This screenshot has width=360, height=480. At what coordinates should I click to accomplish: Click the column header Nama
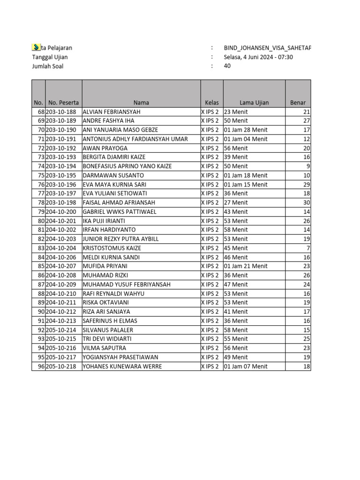[141, 103]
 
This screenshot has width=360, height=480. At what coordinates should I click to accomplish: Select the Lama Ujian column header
[254, 103]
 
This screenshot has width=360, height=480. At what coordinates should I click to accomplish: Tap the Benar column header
[298, 103]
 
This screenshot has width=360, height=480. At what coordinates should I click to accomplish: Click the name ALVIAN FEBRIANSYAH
[112, 112]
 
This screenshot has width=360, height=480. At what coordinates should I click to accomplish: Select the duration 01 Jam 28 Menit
[246, 130]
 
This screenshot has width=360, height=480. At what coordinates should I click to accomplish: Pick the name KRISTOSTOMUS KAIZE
[112, 248]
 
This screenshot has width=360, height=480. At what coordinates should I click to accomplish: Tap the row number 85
[41, 266]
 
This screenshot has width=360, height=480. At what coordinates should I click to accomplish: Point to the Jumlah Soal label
[47, 66]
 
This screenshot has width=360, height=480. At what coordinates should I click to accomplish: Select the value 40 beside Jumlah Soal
[227, 66]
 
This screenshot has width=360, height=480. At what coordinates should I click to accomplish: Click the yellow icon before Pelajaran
[35, 47]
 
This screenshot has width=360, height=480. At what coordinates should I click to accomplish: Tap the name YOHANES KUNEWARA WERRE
[122, 366]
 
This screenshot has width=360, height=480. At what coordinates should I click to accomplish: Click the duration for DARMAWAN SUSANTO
[246, 175]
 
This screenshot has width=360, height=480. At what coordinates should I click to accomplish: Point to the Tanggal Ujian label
[50, 57]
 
